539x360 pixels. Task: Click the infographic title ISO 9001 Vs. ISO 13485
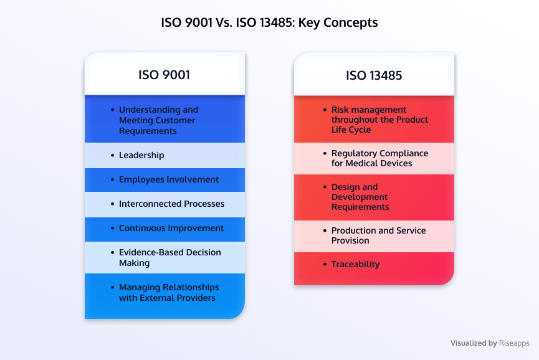coord(269,22)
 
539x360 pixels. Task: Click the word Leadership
coord(141,155)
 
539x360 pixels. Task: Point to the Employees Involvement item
coord(169,179)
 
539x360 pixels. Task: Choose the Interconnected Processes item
coord(171,204)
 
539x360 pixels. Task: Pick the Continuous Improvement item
coord(171,228)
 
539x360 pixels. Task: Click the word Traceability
coord(355,264)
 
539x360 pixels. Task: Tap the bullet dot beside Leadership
coord(112,155)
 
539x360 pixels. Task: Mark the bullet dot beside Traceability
coord(325,264)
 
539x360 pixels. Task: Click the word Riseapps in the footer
coord(514,343)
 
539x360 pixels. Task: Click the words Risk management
coord(369,110)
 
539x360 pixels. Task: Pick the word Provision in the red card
coord(350,240)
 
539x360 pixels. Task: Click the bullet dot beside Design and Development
coord(325,187)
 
